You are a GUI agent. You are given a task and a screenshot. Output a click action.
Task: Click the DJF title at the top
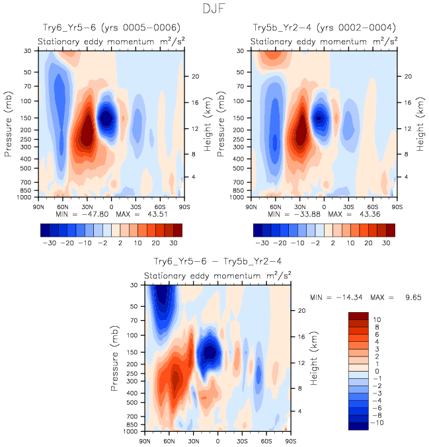pyautogui.click(x=214, y=10)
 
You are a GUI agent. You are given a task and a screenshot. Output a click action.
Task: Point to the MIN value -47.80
pyautogui.click(x=93, y=215)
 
